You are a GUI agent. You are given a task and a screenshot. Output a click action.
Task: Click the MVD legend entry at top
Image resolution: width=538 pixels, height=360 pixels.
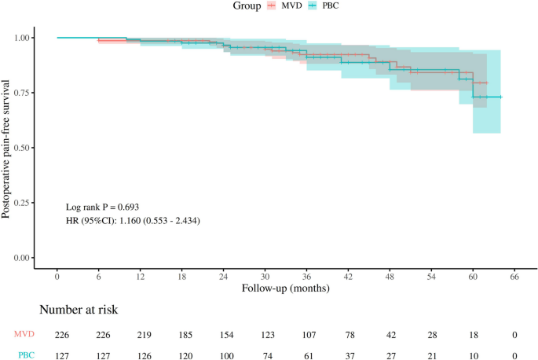pyautogui.click(x=282, y=6)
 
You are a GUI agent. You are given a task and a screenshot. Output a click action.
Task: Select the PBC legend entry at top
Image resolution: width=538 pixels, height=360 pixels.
pyautogui.click(x=331, y=6)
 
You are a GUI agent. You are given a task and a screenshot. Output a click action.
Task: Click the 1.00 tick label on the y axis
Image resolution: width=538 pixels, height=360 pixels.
pyautogui.click(x=24, y=38)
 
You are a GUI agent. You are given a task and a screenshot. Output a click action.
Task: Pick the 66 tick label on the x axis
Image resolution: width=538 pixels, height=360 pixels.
pyautogui.click(x=514, y=278)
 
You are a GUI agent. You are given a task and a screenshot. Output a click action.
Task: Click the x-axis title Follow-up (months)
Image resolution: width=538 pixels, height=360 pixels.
pyautogui.click(x=285, y=289)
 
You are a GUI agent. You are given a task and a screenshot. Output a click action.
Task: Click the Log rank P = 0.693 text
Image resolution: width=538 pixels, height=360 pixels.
pyautogui.click(x=103, y=206)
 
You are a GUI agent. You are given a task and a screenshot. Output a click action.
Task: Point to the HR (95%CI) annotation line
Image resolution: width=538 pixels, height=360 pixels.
pyautogui.click(x=133, y=221)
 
